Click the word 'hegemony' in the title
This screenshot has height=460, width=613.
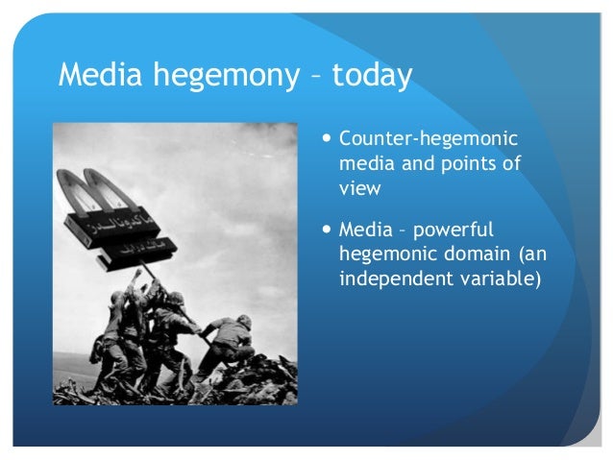(231, 76)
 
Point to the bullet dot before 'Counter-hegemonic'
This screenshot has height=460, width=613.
(329, 139)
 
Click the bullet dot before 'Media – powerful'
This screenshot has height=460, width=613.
(329, 231)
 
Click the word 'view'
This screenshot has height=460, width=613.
(360, 188)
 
